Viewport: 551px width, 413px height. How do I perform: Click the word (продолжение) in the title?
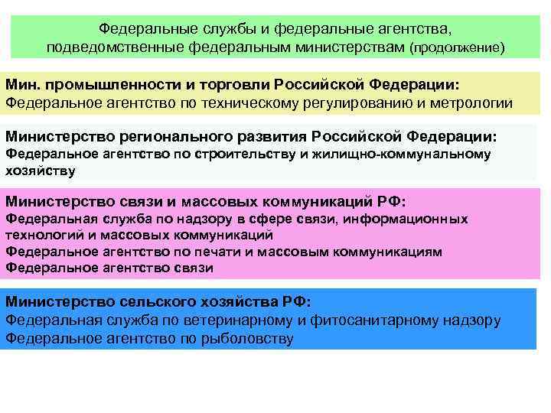[x=458, y=47]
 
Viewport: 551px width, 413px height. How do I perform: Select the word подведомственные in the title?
[x=109, y=47]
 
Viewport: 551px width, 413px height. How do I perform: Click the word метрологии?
[x=473, y=102]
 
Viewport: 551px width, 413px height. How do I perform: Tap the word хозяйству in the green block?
[x=41, y=171]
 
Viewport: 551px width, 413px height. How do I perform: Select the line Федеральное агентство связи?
[x=109, y=268]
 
